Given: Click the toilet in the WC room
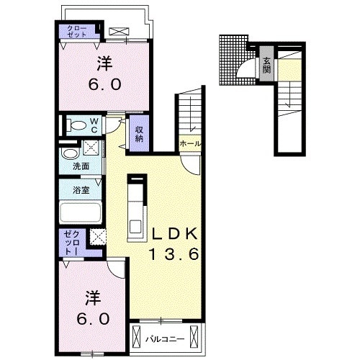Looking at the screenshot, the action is (76, 125).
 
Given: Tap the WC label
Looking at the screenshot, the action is (94, 125).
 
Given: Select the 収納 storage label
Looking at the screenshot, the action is (139, 134).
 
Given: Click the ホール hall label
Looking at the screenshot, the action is (190, 144).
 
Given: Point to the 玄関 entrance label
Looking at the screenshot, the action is (266, 66).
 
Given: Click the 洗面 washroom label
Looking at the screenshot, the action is (81, 166).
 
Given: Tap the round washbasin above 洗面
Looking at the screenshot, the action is (71, 153).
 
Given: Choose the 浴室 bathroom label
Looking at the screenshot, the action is (81, 190).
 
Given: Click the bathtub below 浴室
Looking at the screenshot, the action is (81, 213).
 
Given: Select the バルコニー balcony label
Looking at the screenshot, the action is (166, 339).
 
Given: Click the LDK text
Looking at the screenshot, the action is (176, 233).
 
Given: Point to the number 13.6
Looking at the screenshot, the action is (174, 254).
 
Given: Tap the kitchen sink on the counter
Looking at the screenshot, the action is (135, 227).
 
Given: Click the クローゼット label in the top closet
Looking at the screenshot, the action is (77, 31).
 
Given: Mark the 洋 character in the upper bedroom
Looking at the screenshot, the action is (104, 63).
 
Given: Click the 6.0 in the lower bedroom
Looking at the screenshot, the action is (93, 319).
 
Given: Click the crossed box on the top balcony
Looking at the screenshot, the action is (119, 32).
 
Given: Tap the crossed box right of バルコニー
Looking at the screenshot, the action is (194, 336).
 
